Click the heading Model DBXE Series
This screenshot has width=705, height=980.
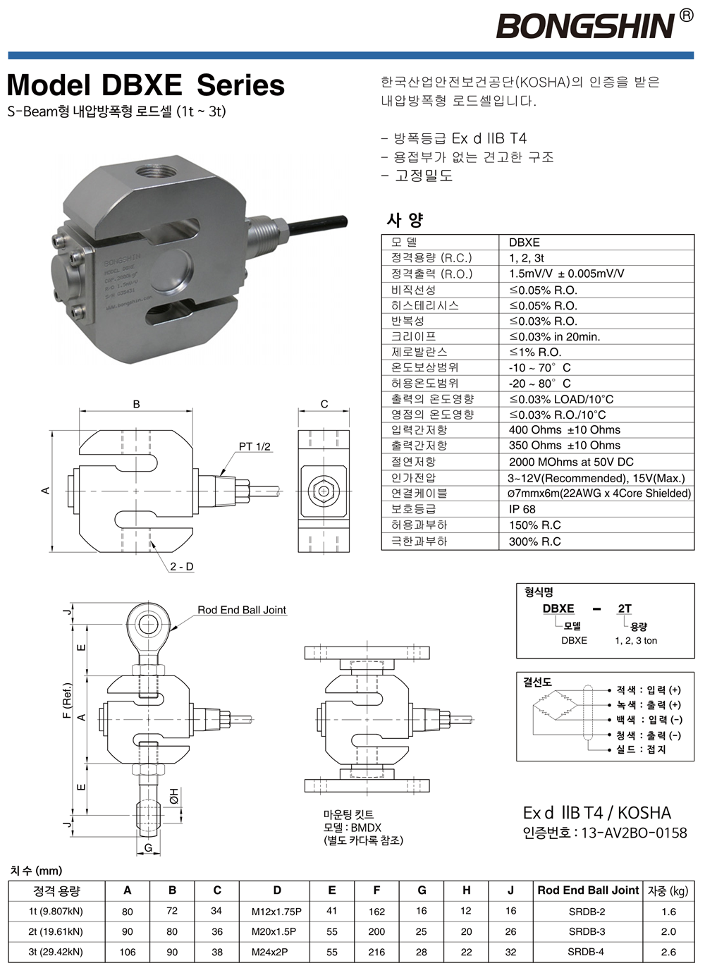(x=146, y=85)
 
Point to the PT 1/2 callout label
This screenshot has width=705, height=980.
(x=255, y=447)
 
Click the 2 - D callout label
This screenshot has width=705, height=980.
(x=181, y=567)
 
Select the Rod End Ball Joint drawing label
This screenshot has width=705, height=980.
(x=242, y=610)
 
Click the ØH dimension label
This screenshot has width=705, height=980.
(x=173, y=795)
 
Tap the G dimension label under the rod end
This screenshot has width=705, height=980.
(x=148, y=848)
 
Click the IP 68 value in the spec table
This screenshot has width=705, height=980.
(x=522, y=509)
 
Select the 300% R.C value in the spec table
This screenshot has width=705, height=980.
(x=534, y=541)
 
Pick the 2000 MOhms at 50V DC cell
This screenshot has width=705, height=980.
(x=571, y=462)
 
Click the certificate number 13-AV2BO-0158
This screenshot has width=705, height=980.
(x=634, y=833)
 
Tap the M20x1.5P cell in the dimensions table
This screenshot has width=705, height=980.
(x=274, y=932)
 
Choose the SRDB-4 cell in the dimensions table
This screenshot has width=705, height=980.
(x=587, y=952)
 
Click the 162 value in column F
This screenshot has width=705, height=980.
(x=376, y=912)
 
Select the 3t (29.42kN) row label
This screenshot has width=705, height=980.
(x=56, y=952)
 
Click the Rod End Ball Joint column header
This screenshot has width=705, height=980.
(x=588, y=890)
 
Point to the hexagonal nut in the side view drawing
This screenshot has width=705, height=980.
(x=324, y=491)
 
